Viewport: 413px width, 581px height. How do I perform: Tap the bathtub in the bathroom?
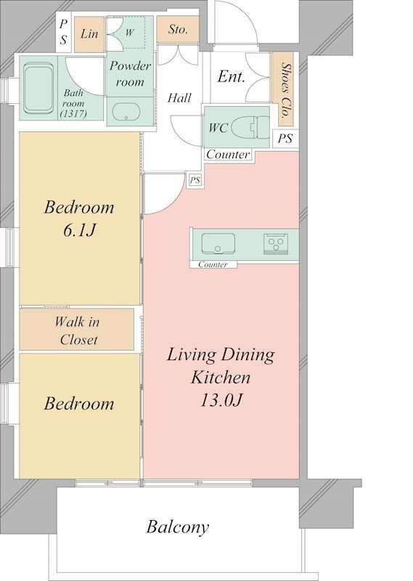tap(38, 88)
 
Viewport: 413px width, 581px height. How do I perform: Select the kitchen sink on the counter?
tap(218, 243)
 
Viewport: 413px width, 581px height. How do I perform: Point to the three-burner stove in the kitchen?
tap(275, 244)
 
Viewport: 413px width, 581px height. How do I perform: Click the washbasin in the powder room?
tap(126, 112)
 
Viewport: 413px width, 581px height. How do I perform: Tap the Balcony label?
tap(177, 527)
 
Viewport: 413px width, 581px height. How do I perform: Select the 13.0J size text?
tap(221, 400)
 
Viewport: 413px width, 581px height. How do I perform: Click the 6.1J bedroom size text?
tap(79, 230)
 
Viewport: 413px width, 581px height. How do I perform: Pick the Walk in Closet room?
tap(77, 329)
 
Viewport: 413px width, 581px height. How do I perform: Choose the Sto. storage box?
tap(178, 29)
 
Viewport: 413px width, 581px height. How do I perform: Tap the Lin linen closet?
tap(89, 34)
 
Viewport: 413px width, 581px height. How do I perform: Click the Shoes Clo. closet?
tap(284, 89)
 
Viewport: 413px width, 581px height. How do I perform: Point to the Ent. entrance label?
tap(231, 77)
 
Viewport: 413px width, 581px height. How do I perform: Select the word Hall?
tap(179, 98)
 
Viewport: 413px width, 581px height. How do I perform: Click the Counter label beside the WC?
tap(228, 154)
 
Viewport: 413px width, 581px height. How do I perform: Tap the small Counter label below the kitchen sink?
tap(213, 264)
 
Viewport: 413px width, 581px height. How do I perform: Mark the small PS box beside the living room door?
tap(195, 180)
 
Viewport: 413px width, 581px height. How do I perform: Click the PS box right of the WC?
tap(285, 139)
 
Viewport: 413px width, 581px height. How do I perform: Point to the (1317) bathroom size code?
tap(73, 114)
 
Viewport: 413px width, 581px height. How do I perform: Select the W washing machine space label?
tap(129, 33)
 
